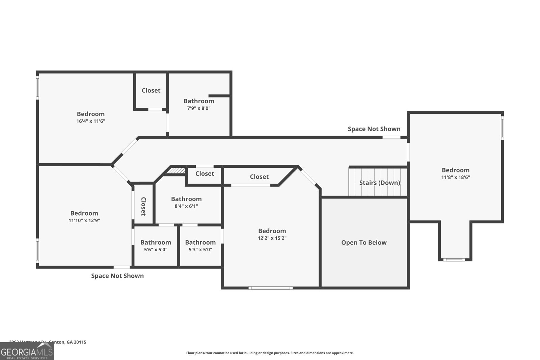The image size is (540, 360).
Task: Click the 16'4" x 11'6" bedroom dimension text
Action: [90, 121]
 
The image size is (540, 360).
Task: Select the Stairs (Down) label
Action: [379, 183]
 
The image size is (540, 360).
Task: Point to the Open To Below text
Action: [364, 243]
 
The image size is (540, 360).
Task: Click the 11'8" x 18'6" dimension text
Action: [455, 177]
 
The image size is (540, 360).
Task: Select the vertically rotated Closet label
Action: [143, 206]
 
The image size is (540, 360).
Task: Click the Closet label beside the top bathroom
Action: [151, 90]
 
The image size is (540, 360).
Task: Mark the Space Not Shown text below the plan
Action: [117, 276]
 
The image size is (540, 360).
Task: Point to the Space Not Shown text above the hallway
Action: [374, 129]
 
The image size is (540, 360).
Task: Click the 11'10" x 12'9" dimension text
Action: [84, 220]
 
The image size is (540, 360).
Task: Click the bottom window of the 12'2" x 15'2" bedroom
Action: [270, 288]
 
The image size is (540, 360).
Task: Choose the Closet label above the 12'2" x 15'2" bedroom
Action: [259, 177]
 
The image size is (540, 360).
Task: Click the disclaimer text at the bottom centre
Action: [270, 353]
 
